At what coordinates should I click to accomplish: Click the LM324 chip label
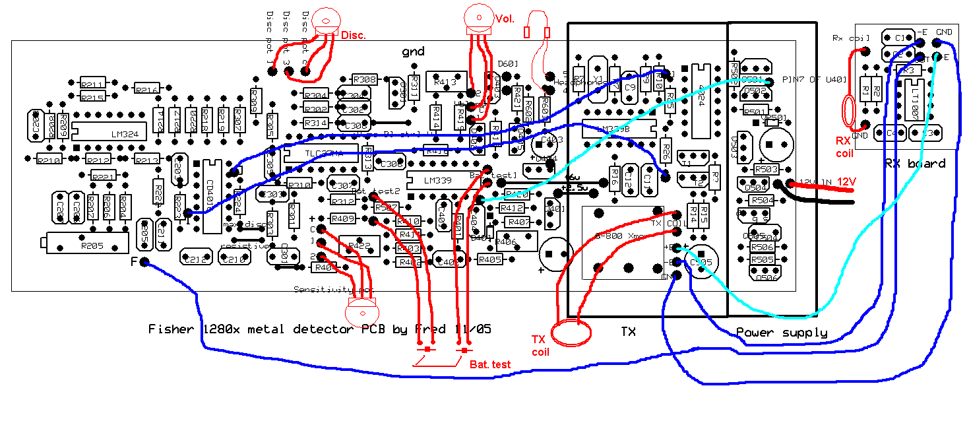pyautogui.click(x=125, y=134)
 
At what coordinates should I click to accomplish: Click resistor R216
pyautogui.click(x=146, y=89)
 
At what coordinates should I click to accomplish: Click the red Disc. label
pyautogui.click(x=353, y=34)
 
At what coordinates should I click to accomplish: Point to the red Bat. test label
pyautogui.click(x=489, y=364)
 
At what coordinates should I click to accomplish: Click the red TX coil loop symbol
pyautogui.click(x=571, y=333)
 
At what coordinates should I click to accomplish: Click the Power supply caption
pyautogui.click(x=781, y=333)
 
